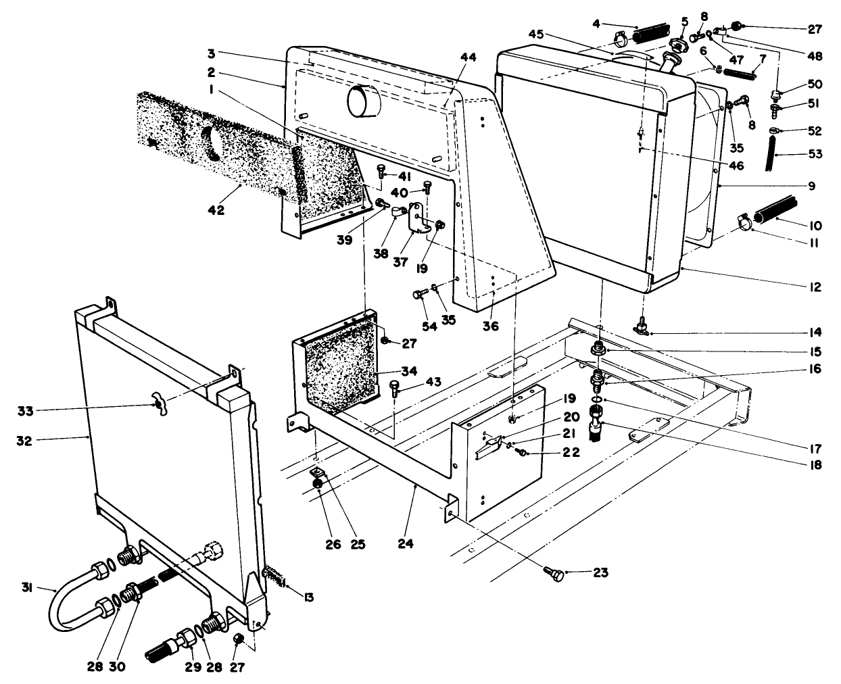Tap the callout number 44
point(468,57)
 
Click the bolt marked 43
point(395,387)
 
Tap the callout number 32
point(30,439)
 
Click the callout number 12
point(813,288)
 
